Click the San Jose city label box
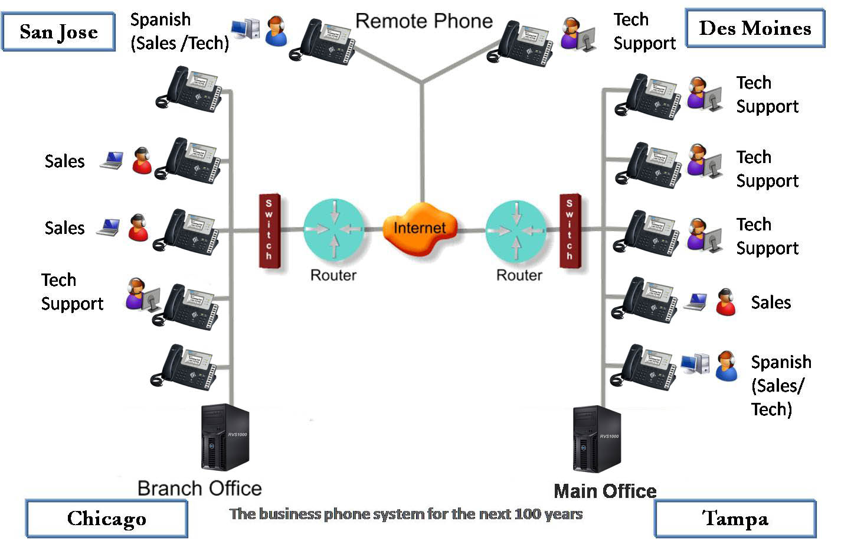[58, 32]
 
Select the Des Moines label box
[755, 28]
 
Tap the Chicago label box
[106, 519]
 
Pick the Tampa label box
[735, 519]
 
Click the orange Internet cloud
[420, 229]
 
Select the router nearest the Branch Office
[334, 229]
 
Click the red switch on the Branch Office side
[269, 230]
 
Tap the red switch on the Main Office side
[570, 230]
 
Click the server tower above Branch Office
[225, 437]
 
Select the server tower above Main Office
[597, 438]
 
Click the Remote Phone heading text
[424, 21]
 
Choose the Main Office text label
[605, 491]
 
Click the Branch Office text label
[199, 489]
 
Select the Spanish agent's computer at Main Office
[695, 363]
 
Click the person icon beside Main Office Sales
[725, 302]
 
